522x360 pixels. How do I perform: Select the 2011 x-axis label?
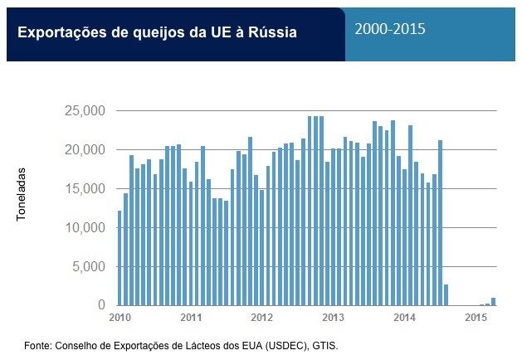191,318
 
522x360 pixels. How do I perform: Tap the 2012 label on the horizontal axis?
262,318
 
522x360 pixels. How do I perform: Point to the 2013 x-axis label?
333,318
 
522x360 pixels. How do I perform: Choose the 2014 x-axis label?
404,318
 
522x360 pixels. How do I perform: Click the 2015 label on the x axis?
476,318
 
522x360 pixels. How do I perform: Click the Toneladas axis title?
22,197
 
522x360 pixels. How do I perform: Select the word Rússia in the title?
275,33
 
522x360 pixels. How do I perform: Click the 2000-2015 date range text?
389,29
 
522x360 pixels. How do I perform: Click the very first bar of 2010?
120,258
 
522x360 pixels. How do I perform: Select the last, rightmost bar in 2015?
494,302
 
